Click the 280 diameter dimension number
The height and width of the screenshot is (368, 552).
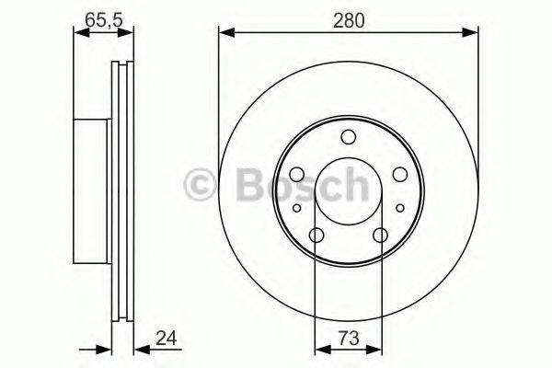[x=349, y=18]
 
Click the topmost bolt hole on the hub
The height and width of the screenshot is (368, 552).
[x=348, y=138]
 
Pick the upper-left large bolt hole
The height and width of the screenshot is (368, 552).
[x=297, y=175]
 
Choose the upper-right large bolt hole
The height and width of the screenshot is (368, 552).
[x=399, y=175]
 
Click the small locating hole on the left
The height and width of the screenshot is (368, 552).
[x=296, y=209]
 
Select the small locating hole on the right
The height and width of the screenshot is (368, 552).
[x=400, y=209]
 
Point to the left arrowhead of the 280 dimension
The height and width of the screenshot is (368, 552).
[x=224, y=33]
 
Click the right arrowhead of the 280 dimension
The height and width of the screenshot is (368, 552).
[x=473, y=33]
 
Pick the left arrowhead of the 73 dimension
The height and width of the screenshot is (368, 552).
[x=321, y=349]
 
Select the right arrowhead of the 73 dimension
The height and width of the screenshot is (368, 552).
[x=375, y=349]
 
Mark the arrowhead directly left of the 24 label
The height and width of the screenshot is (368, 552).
[x=139, y=349]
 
